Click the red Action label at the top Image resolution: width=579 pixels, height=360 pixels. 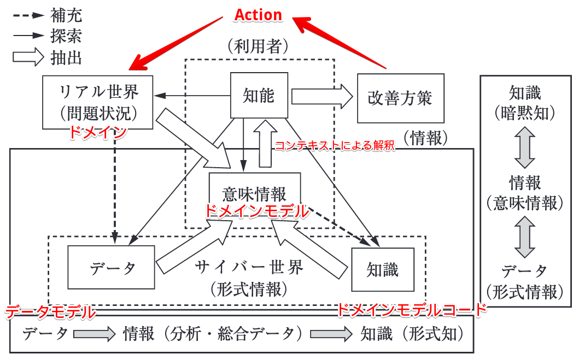[x=258, y=15]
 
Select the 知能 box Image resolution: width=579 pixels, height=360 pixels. [x=259, y=96]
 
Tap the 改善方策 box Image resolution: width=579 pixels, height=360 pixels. [x=400, y=98]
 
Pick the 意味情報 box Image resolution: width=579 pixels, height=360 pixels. [x=255, y=194]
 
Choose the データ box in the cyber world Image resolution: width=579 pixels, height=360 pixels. [x=112, y=268]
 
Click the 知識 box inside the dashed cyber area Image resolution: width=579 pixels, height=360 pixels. [x=383, y=269]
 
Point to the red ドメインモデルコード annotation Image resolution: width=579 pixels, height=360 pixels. [x=411, y=310]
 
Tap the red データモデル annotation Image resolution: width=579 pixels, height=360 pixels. [x=50, y=312]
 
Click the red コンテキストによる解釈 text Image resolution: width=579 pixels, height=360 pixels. [x=334, y=146]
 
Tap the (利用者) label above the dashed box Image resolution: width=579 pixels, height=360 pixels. [x=258, y=46]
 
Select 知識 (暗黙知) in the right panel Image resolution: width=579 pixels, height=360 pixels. [x=524, y=102]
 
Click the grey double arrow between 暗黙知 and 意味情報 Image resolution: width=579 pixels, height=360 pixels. [x=525, y=147]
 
